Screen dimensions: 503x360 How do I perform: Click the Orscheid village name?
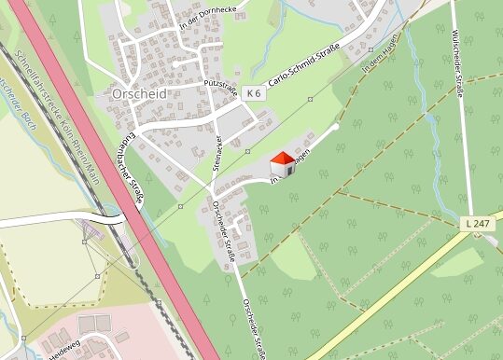click(x=139, y=94)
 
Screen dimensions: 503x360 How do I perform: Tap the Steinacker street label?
click(x=218, y=150)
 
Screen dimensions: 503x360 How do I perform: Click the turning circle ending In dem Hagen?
click(x=336, y=126)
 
